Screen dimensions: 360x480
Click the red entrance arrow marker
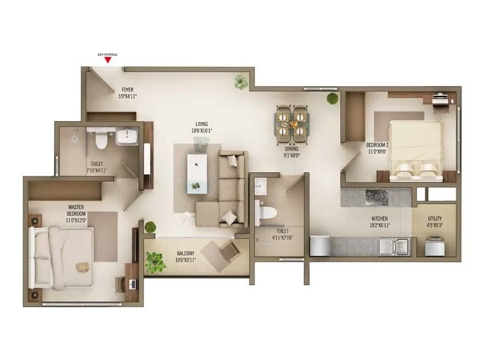[x=107, y=59]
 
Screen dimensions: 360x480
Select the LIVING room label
[x=201, y=124]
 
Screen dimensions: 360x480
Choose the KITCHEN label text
[x=379, y=218]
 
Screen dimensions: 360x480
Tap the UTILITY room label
[x=435, y=218]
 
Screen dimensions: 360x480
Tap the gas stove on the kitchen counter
[x=376, y=197]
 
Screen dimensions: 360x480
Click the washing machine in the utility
[x=435, y=247]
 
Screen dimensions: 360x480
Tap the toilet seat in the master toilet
[x=101, y=139]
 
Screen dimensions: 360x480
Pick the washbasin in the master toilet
[x=127, y=137]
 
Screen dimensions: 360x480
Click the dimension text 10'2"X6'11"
[x=379, y=225]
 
